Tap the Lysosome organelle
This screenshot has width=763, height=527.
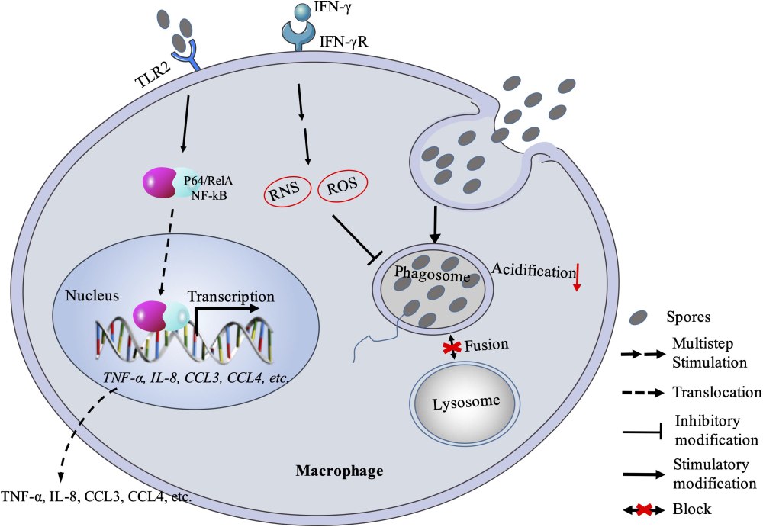point(466,401)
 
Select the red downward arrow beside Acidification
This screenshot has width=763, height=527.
point(577,277)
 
